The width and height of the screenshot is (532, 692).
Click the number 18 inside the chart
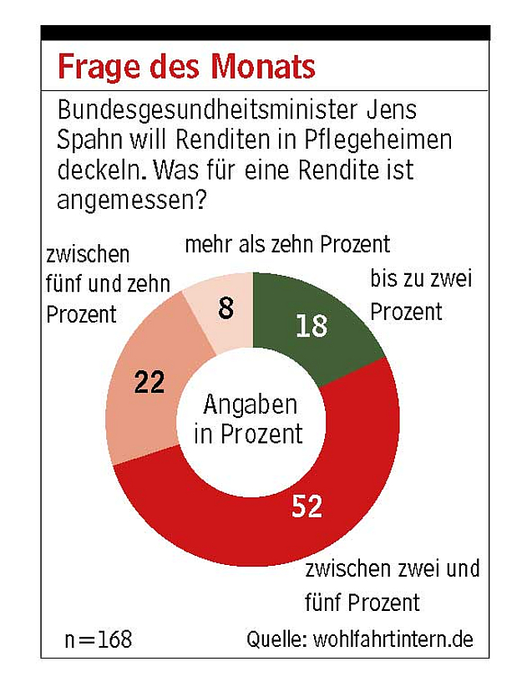point(311,325)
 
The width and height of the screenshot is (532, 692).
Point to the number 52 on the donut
point(307,505)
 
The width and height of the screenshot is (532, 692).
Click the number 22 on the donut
point(150,383)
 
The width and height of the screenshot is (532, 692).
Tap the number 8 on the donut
point(225,309)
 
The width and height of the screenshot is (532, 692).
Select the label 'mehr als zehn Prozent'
point(287,245)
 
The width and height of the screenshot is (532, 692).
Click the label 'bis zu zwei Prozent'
point(420,295)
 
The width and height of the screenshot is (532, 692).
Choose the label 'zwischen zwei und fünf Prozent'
point(393,585)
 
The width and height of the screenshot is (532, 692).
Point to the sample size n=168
point(99,640)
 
